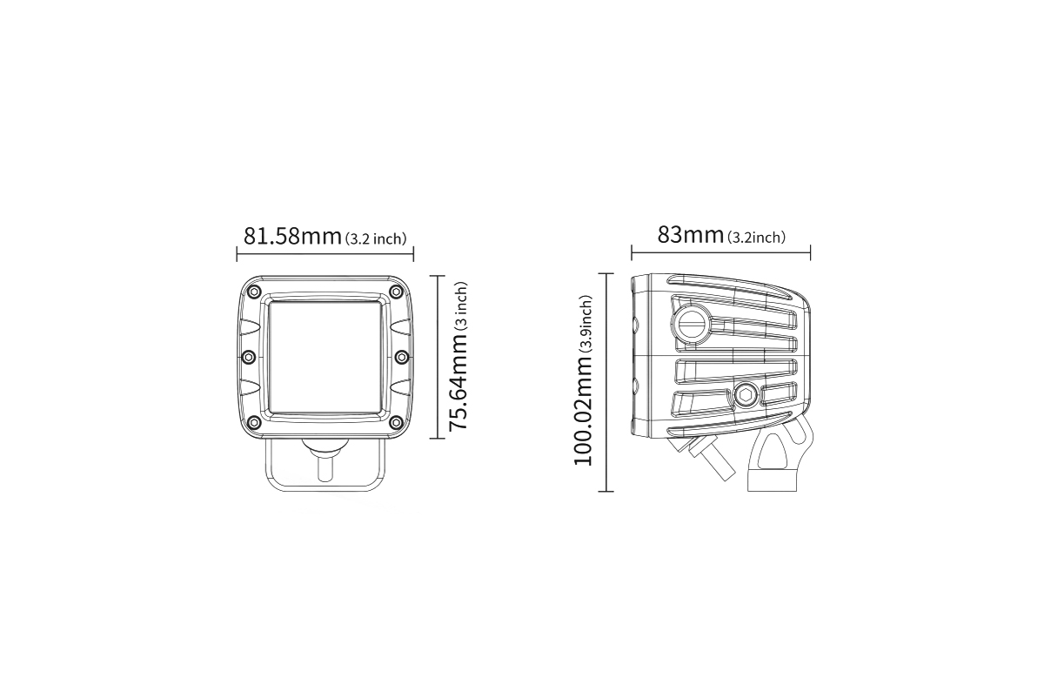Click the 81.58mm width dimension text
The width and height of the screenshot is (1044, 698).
click(292, 236)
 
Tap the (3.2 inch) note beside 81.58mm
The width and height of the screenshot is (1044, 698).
click(376, 238)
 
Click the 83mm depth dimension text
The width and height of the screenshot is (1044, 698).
click(690, 235)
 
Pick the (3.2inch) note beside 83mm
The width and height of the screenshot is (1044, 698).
click(756, 238)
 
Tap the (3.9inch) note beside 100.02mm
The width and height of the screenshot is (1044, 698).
click(586, 324)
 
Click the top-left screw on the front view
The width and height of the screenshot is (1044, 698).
click(254, 292)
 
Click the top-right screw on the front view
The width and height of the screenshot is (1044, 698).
click(396, 292)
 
